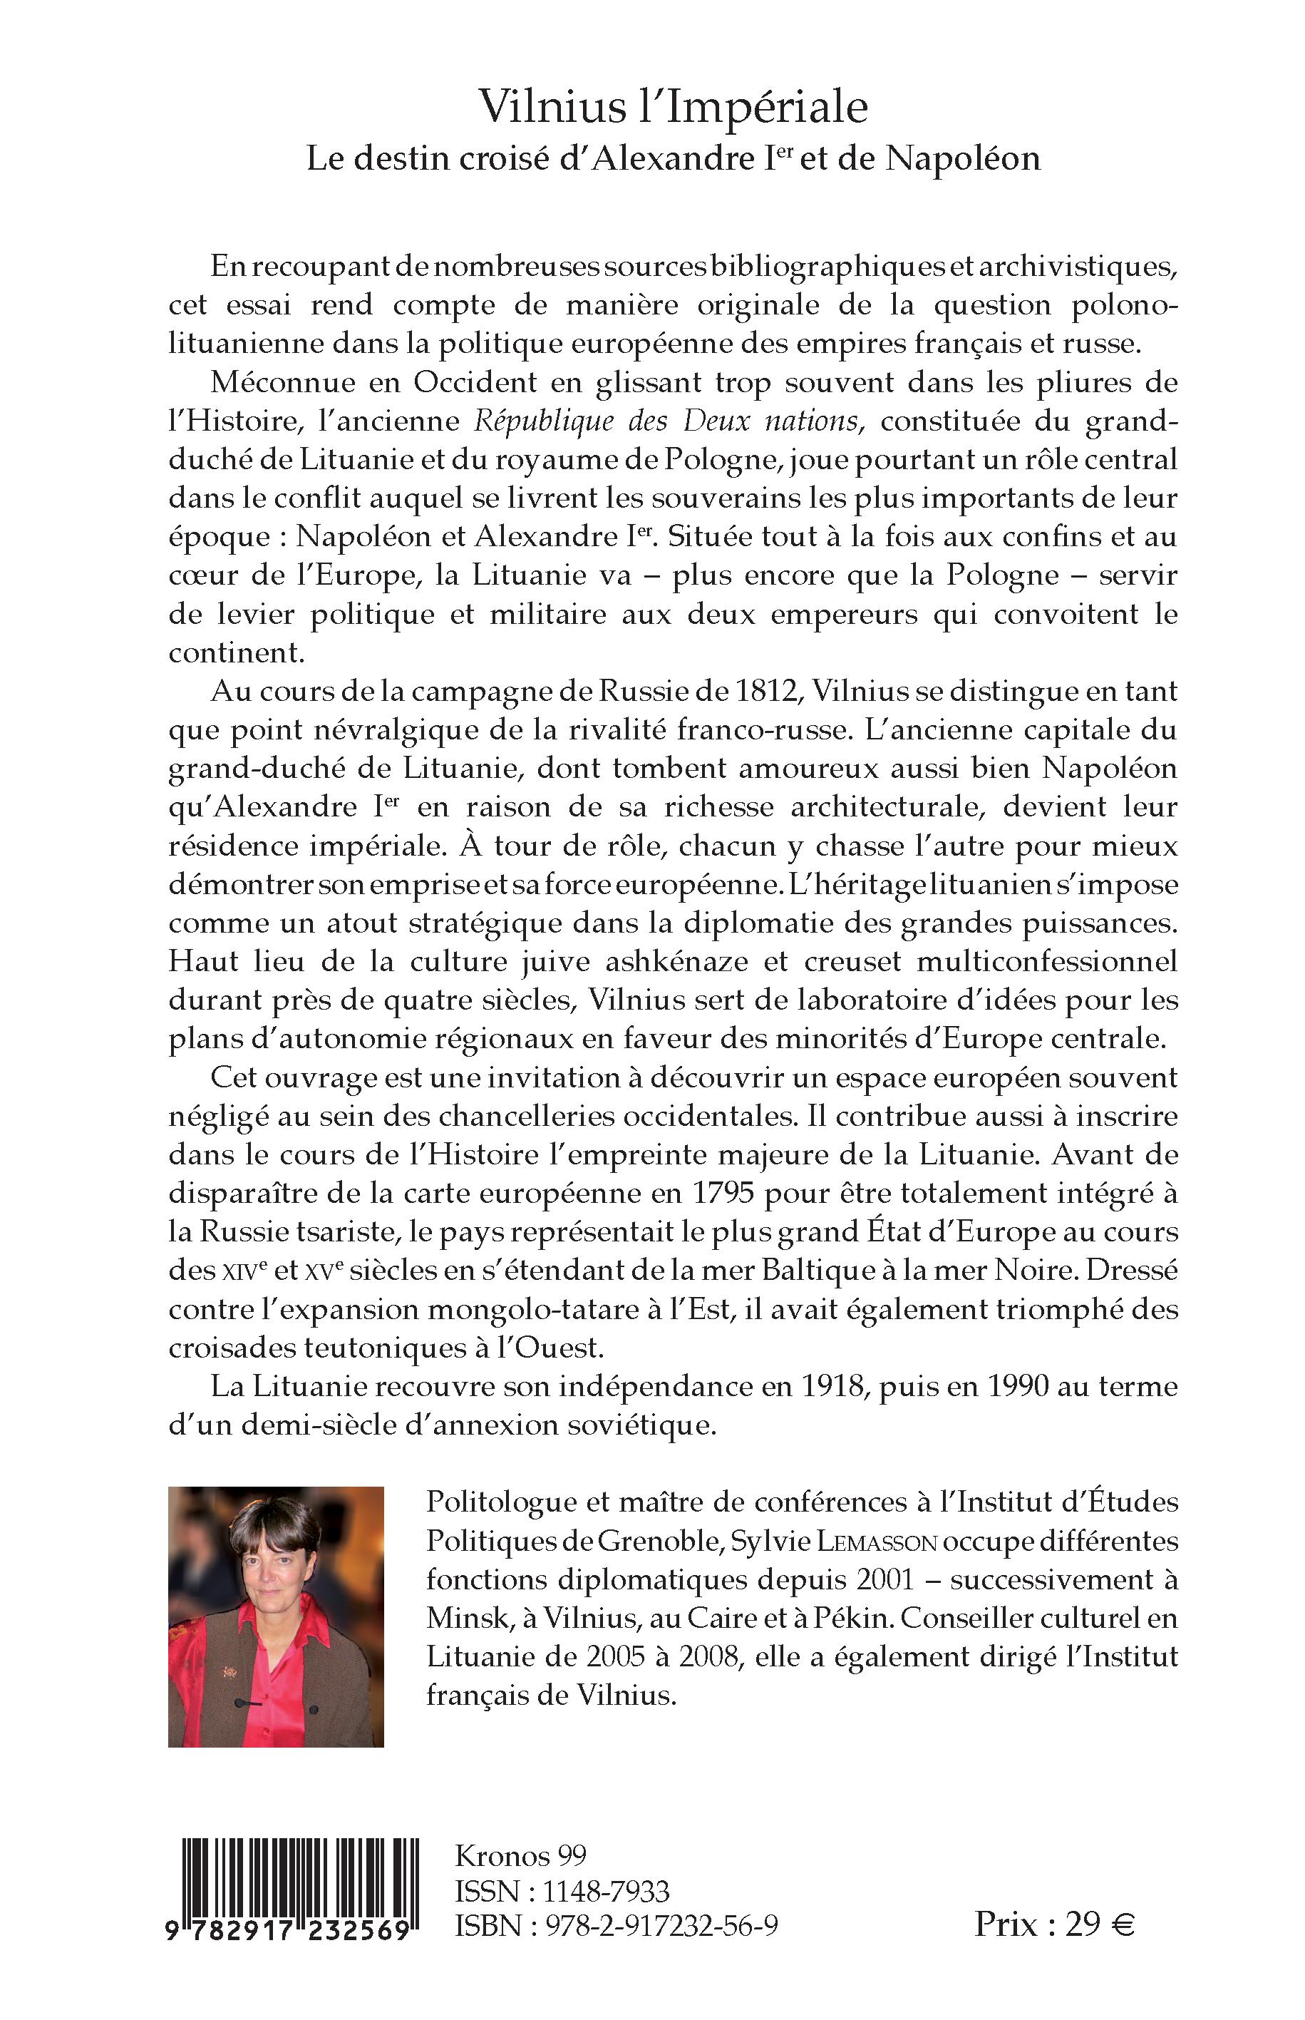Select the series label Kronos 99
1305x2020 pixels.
click(x=520, y=1857)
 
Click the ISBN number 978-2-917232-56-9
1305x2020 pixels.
click(x=656, y=1927)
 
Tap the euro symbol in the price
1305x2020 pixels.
click(x=1122, y=1926)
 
